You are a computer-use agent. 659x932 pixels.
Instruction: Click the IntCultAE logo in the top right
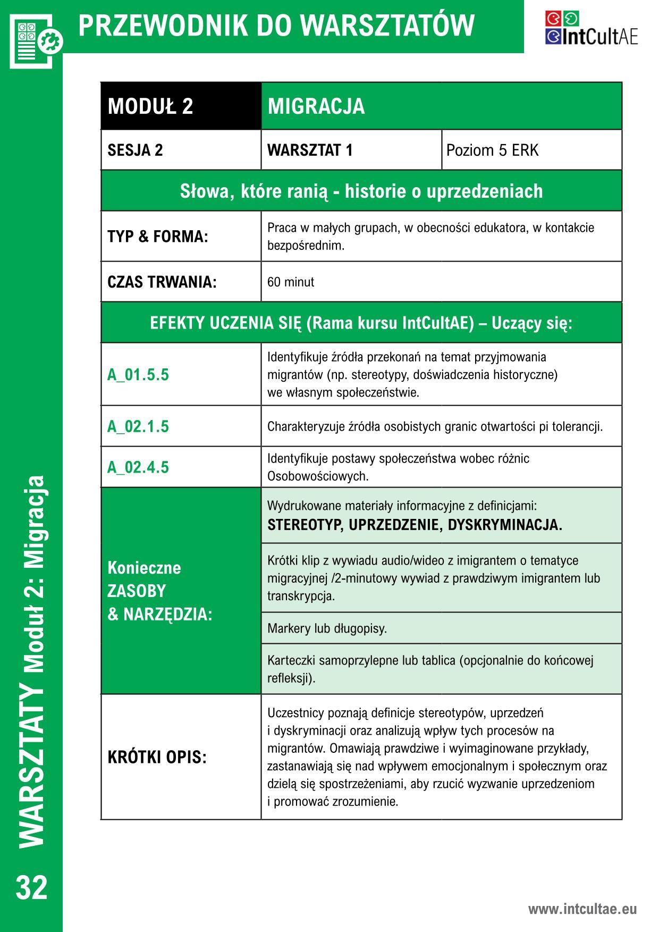click(x=591, y=28)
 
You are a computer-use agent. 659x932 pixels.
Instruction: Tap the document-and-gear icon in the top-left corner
click(x=36, y=40)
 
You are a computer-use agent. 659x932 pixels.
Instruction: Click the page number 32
click(x=32, y=887)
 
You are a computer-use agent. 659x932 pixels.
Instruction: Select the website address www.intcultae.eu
click(x=582, y=909)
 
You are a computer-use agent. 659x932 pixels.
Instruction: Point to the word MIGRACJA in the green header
click(x=316, y=106)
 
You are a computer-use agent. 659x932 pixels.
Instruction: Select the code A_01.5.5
click(x=138, y=375)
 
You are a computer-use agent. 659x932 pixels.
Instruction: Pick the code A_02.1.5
click(x=138, y=426)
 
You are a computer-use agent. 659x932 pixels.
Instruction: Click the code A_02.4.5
click(x=138, y=467)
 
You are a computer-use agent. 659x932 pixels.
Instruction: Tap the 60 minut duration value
click(x=291, y=282)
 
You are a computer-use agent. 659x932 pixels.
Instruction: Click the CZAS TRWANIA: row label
click(x=162, y=282)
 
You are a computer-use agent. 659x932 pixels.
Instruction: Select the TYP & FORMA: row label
click(x=158, y=237)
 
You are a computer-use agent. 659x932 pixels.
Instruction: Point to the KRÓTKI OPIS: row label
click(x=157, y=757)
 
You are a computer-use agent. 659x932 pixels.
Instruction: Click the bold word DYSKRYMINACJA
click(x=504, y=525)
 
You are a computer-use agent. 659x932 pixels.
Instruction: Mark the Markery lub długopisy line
click(x=327, y=628)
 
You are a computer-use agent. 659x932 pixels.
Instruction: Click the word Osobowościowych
click(x=318, y=476)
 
